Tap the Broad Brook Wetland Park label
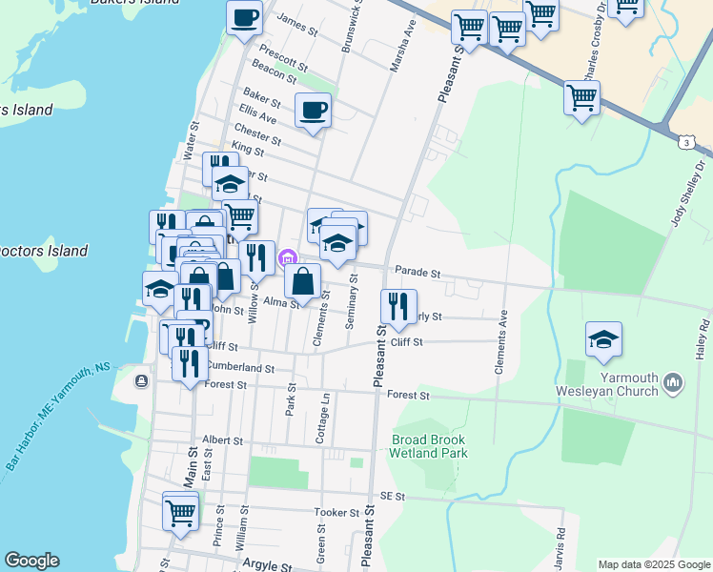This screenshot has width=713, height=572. pos(429,446)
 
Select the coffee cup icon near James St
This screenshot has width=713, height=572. pos(244,17)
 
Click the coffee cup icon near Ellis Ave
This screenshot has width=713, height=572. pos(313,111)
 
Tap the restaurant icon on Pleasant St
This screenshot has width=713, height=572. pos(397,306)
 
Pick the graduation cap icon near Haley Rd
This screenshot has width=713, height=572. pos(603,340)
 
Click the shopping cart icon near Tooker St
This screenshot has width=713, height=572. pos(180,511)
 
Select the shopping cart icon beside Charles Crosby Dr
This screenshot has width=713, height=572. pos(581,96)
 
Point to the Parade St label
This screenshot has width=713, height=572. pos(417,273)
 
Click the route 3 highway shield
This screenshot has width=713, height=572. pos(686,142)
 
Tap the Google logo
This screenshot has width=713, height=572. pos(32,560)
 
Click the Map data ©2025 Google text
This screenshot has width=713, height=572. pos(653,564)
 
